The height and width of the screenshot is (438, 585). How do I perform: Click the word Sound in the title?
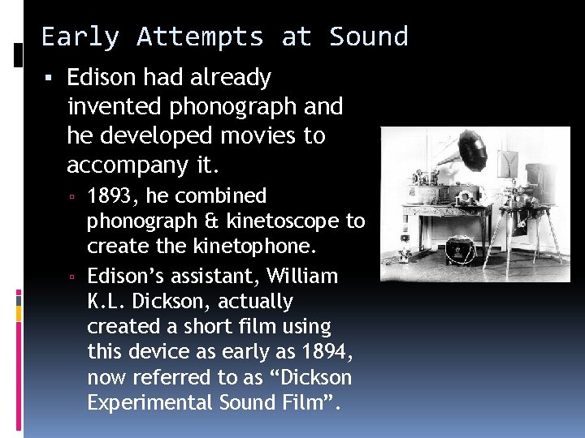point(368,37)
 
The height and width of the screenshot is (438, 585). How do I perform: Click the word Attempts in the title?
point(200,37)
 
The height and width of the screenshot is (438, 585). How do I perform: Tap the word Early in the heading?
point(80,37)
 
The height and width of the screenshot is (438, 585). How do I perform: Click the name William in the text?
point(297,276)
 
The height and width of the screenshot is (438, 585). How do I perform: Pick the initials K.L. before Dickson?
point(106,301)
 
